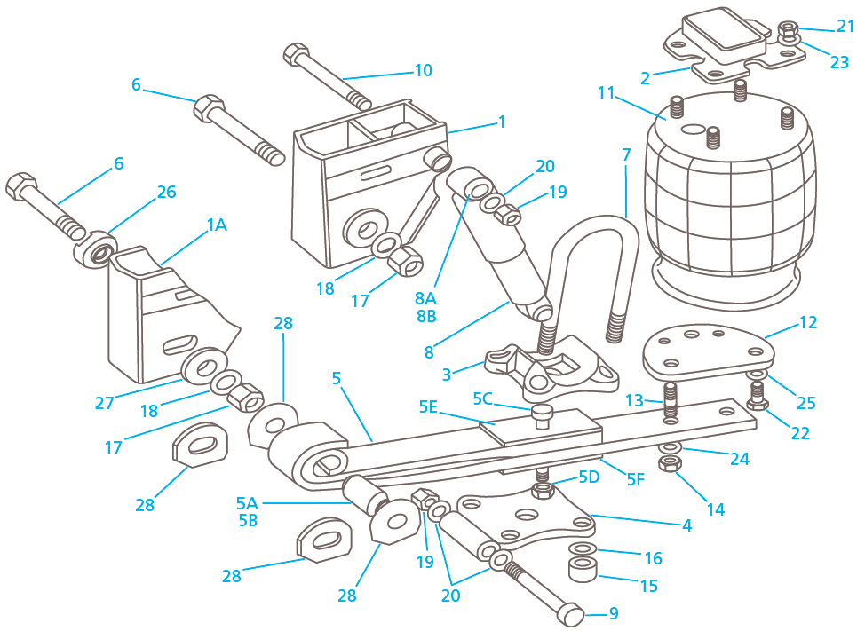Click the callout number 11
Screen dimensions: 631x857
tap(606, 91)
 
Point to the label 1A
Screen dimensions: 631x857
tap(217, 225)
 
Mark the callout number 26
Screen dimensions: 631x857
tap(166, 192)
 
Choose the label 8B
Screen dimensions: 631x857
tap(425, 316)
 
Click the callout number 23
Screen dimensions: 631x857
tap(840, 62)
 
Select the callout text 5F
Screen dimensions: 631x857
tap(635, 480)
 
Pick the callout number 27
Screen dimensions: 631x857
tap(105, 403)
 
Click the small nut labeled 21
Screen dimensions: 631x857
tap(787, 32)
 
